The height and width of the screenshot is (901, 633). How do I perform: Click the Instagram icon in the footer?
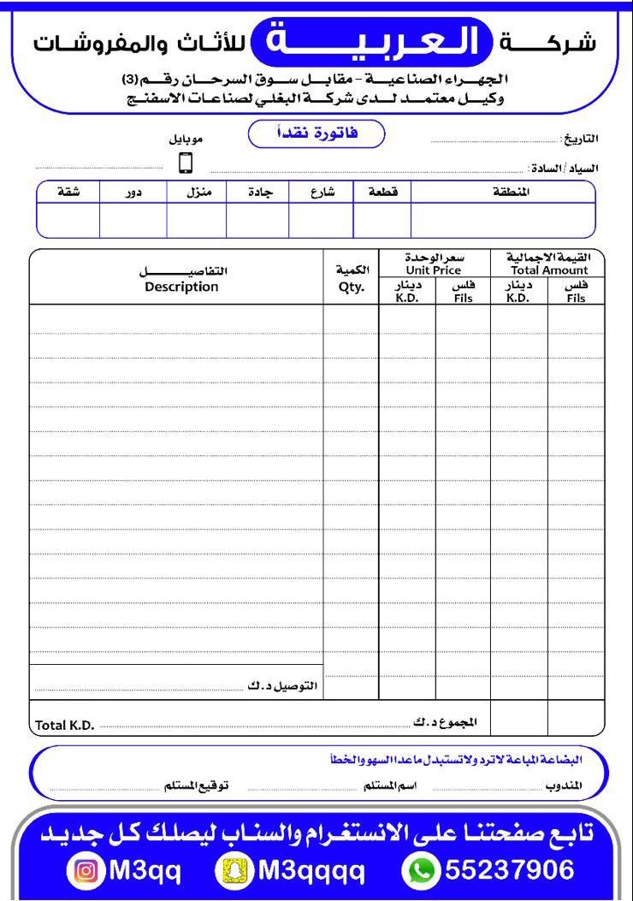click(x=86, y=871)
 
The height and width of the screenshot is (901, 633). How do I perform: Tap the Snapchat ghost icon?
click(x=234, y=871)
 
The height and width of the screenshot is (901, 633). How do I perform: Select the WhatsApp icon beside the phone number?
click(x=420, y=871)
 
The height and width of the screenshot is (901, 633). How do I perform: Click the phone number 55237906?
click(x=510, y=871)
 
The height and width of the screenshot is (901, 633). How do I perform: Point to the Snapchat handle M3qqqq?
click(x=311, y=871)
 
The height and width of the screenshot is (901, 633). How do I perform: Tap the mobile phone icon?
click(x=186, y=163)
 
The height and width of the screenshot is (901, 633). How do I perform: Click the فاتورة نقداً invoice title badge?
click(x=316, y=134)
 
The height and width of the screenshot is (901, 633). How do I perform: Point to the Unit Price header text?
click(x=434, y=270)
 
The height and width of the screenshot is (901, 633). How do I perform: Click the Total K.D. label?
click(x=62, y=726)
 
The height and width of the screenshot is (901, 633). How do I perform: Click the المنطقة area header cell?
click(x=512, y=193)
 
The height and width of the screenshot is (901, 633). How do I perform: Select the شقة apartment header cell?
click(x=68, y=193)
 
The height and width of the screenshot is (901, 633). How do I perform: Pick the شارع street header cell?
click(x=322, y=193)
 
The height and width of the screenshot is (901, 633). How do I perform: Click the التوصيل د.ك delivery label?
click(x=282, y=686)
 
